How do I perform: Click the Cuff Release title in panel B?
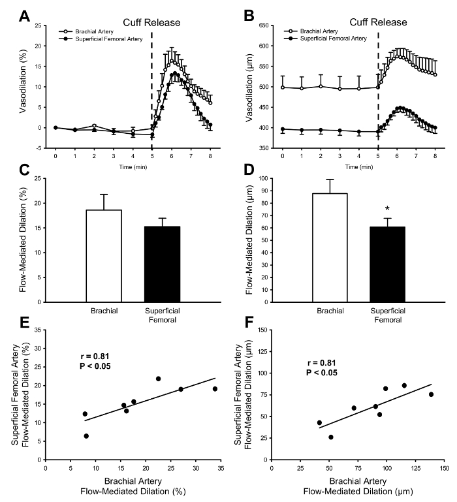[x=378, y=23]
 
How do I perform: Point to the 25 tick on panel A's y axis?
[x=40, y=26]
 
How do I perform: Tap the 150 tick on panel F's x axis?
[x=445, y=467]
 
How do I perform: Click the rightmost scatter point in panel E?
[x=215, y=389]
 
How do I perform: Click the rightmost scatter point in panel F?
[x=431, y=394]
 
